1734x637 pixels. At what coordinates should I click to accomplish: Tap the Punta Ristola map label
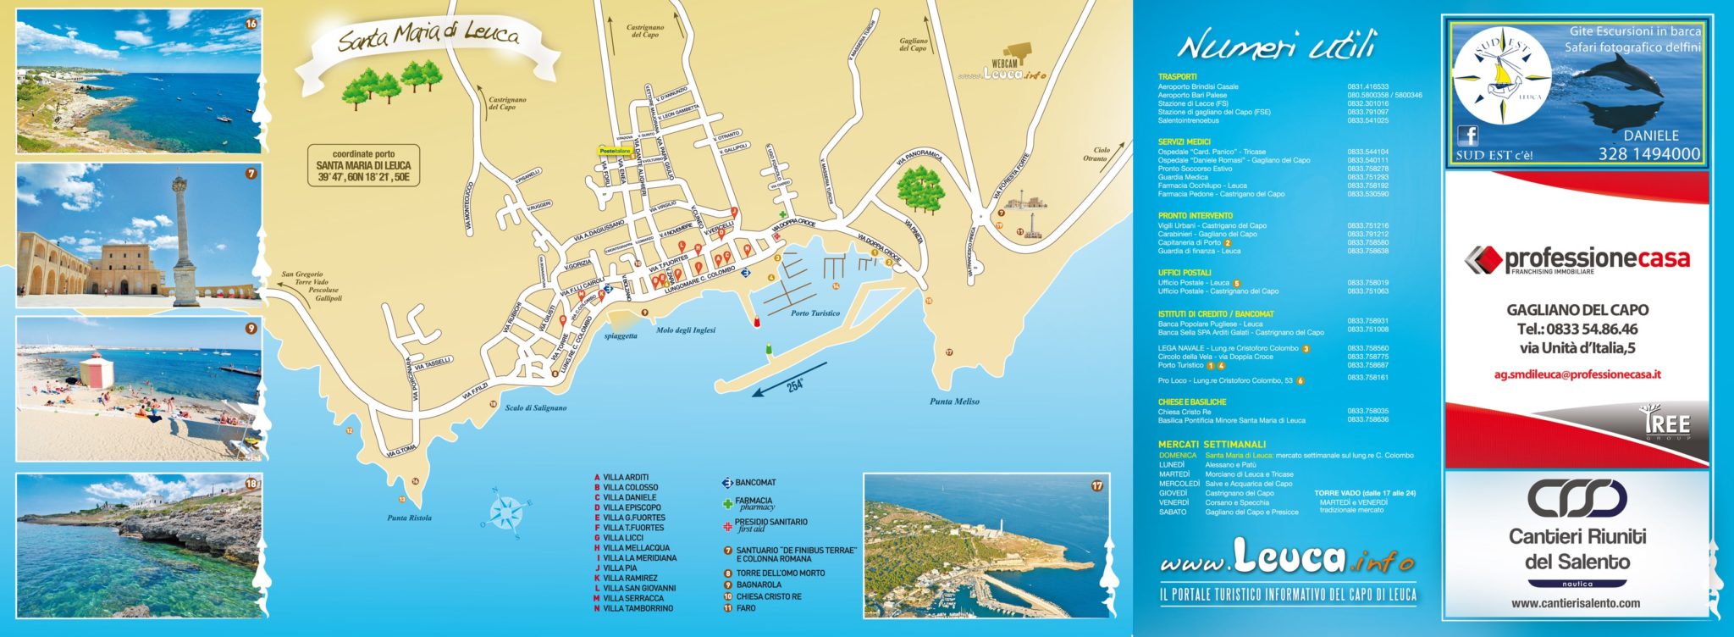[x=409, y=518]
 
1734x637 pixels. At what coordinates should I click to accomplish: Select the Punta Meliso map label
[x=954, y=402]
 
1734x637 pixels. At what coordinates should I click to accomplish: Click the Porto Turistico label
[x=815, y=313]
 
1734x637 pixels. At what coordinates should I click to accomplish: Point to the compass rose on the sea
[x=506, y=512]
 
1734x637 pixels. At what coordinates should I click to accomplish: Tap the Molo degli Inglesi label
[x=686, y=330]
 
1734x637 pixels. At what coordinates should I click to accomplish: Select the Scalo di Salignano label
[x=536, y=407]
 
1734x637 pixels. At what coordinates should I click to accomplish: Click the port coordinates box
[x=363, y=166]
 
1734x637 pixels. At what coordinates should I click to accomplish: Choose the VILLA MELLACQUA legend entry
[x=635, y=548]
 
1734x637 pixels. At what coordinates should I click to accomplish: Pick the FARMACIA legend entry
[x=753, y=501]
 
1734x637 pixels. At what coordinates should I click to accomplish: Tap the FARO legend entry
[x=745, y=608]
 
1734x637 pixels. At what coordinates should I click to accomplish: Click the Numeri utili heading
[x=1276, y=45]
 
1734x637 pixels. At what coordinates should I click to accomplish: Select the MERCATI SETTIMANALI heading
[x=1212, y=444]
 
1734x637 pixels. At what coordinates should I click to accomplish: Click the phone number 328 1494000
[x=1648, y=153]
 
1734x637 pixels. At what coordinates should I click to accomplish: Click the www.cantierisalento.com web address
[x=1575, y=603]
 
